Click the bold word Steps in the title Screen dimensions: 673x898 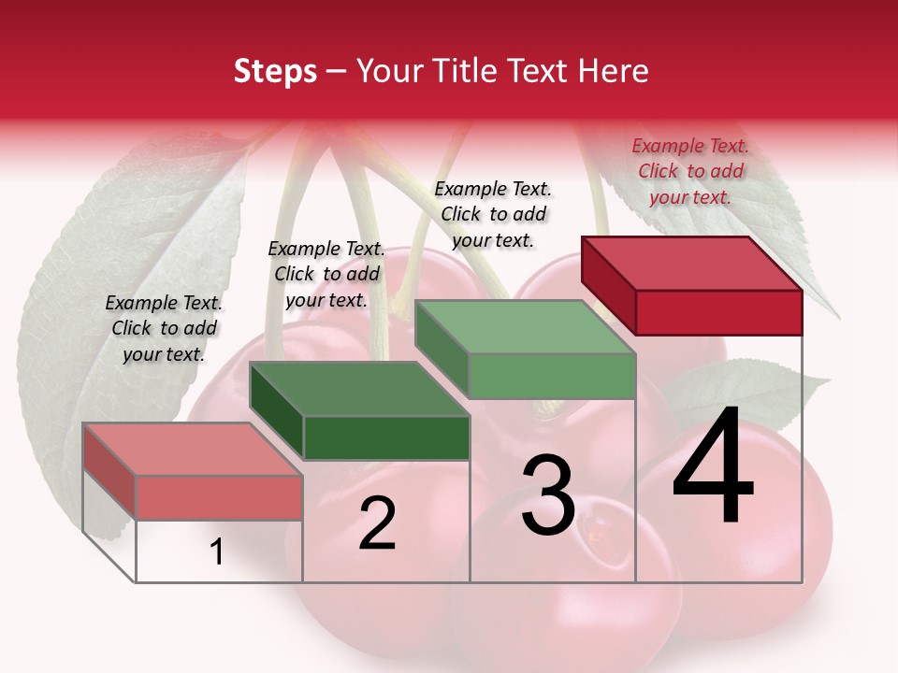click(275, 71)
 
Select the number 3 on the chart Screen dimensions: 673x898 click(547, 496)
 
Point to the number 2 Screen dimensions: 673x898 click(378, 523)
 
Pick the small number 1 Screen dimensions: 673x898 click(217, 552)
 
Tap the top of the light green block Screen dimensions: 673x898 click(526, 327)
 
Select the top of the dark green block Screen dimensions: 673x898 click(359, 388)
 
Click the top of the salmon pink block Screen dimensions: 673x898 click(193, 449)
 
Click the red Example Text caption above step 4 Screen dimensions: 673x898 click(690, 171)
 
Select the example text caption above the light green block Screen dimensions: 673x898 click(493, 214)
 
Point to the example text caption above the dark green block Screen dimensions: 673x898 click(326, 274)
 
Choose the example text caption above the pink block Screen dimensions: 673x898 click(164, 328)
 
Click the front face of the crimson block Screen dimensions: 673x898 click(718, 312)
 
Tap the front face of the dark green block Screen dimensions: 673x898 click(386, 437)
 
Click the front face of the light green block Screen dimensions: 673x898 click(552, 376)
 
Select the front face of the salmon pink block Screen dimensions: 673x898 click(219, 497)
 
